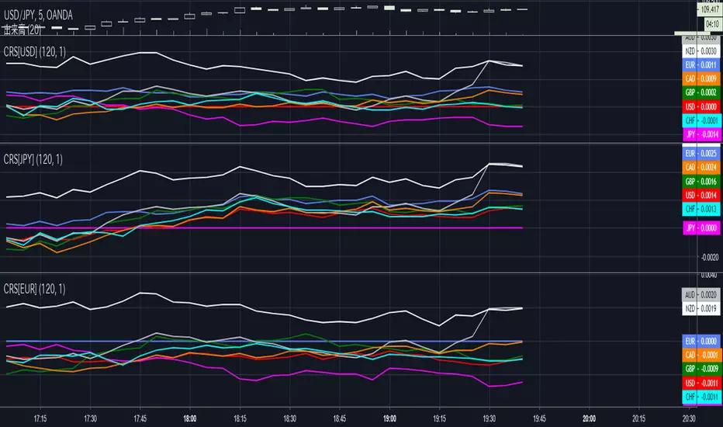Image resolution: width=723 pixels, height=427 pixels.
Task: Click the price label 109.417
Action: point(707,10)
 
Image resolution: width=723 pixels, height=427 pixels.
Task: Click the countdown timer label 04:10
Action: point(708,23)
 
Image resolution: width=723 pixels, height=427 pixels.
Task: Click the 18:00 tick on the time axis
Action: point(189,418)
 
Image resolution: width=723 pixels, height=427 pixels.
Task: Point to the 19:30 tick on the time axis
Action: point(489,418)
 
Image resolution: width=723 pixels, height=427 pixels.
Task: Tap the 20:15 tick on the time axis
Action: point(639,418)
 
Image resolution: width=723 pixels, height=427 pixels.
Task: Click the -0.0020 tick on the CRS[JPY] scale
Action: point(708,257)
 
